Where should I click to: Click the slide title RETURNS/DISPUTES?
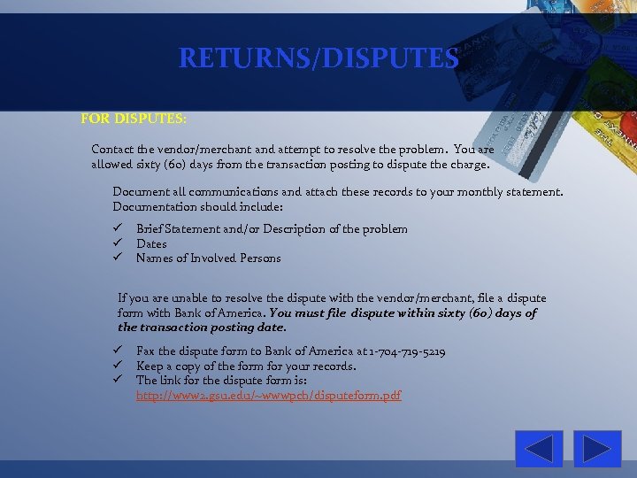tap(318, 58)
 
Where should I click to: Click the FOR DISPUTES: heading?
tap(133, 118)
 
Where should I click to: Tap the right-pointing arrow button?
tap(597, 449)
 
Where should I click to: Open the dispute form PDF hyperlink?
tap(268, 395)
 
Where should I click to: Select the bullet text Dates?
tap(151, 243)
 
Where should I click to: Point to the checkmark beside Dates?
tap(116, 243)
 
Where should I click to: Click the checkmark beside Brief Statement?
tap(116, 228)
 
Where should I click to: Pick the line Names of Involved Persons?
tap(208, 258)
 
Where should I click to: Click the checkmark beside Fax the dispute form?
tap(116, 351)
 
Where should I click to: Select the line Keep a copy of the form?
tap(246, 366)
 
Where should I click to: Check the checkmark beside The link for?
tap(116, 380)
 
